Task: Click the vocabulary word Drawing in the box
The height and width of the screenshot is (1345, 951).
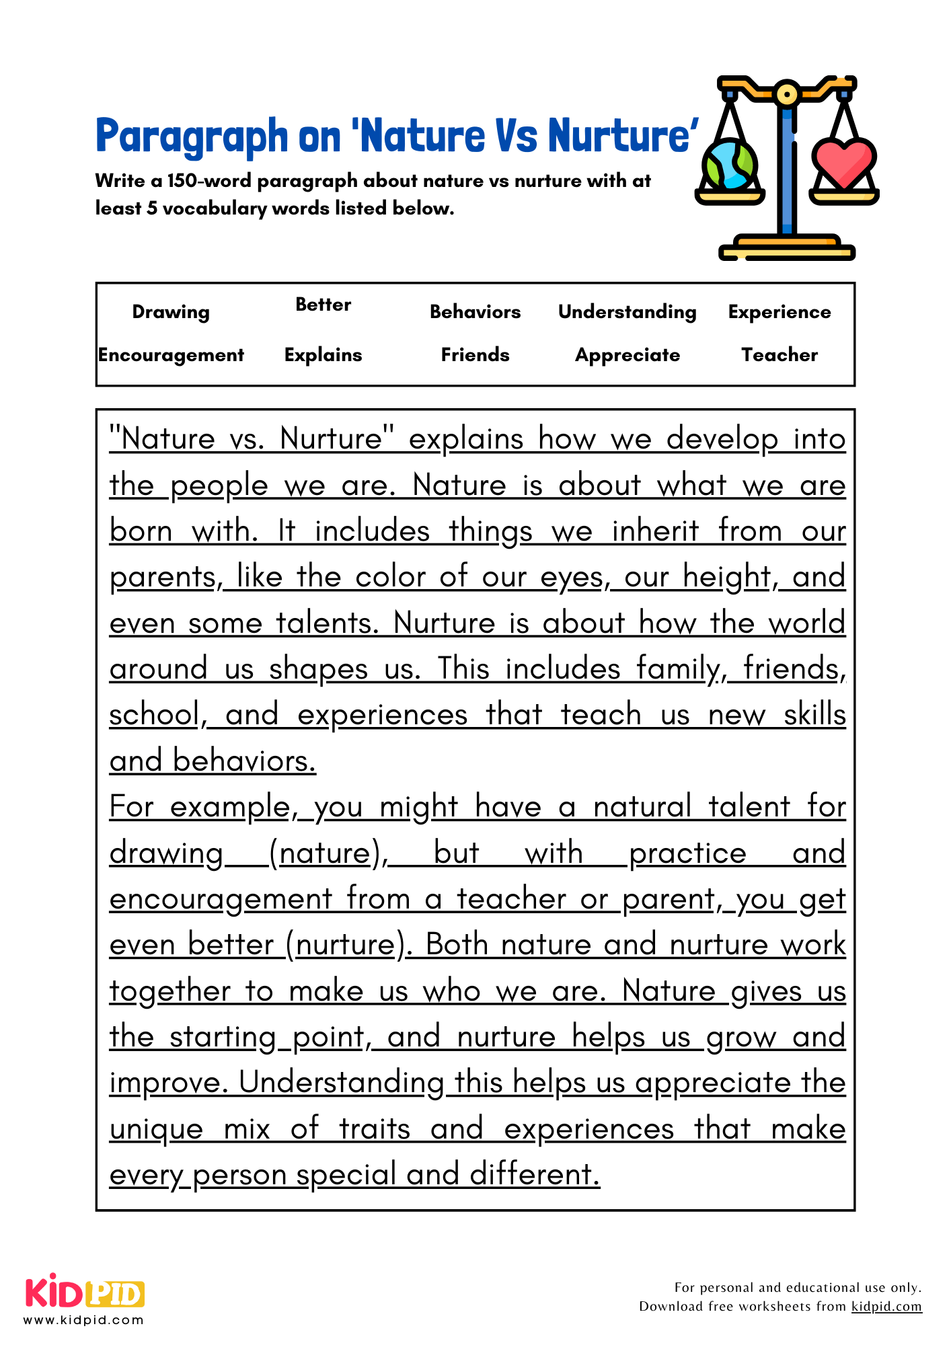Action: click(x=171, y=312)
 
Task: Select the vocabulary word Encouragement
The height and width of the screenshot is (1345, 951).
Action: click(x=171, y=355)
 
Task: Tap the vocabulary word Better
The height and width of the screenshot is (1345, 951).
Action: click(x=323, y=305)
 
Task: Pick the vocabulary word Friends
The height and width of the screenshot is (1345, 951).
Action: click(x=475, y=355)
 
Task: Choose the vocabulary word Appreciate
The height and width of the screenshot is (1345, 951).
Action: click(x=627, y=355)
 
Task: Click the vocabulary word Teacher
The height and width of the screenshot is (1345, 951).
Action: click(x=779, y=355)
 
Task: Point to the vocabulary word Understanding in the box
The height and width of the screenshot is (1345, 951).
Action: click(x=627, y=312)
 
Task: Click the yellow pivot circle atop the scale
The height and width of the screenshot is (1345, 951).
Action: click(x=786, y=93)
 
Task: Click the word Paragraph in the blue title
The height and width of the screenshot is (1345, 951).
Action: click(x=192, y=137)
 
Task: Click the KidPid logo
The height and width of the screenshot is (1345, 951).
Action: click(x=85, y=1293)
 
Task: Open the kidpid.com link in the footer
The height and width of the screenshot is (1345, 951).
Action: click(x=886, y=1306)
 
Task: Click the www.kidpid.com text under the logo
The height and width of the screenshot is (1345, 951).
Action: click(x=84, y=1320)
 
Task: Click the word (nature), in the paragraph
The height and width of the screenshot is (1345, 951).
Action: click(x=328, y=853)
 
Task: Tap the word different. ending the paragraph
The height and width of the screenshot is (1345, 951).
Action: click(x=534, y=1175)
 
